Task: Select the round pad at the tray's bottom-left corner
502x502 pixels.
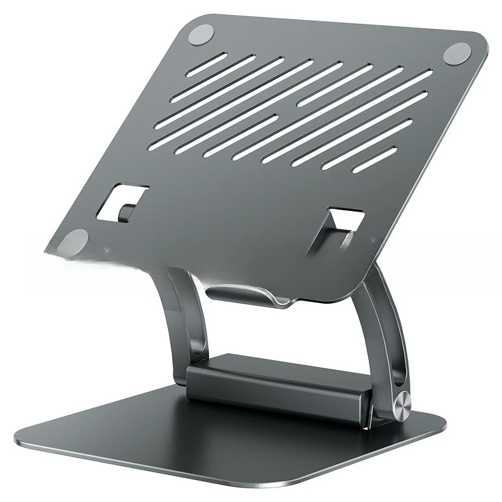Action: (x=75, y=242)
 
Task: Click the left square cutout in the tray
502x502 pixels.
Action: (x=123, y=202)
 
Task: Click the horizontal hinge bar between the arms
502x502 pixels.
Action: (x=276, y=383)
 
